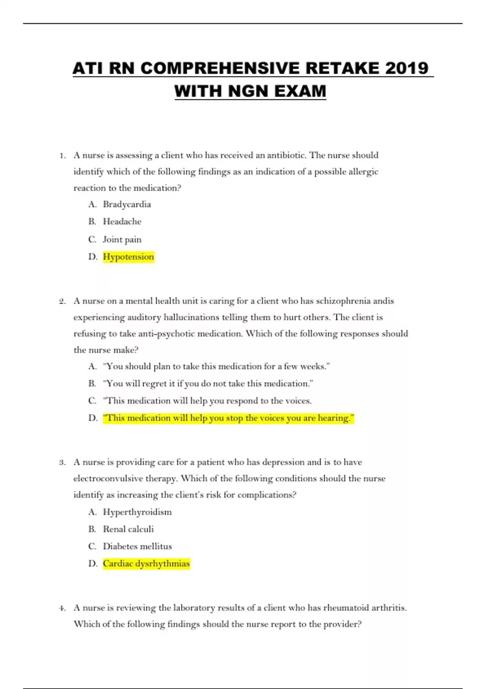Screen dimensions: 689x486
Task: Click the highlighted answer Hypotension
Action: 128,257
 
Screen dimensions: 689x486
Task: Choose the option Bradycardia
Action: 127,204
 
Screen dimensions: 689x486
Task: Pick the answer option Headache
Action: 122,222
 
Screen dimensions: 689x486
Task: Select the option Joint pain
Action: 122,240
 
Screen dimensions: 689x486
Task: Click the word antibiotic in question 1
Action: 286,155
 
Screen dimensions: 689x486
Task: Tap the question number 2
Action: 62,301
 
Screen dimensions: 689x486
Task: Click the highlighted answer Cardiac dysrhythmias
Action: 146,563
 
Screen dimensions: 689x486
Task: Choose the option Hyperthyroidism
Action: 137,512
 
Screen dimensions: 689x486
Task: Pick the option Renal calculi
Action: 128,529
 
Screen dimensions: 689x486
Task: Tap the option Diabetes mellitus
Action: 137,546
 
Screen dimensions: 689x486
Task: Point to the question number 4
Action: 62,608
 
